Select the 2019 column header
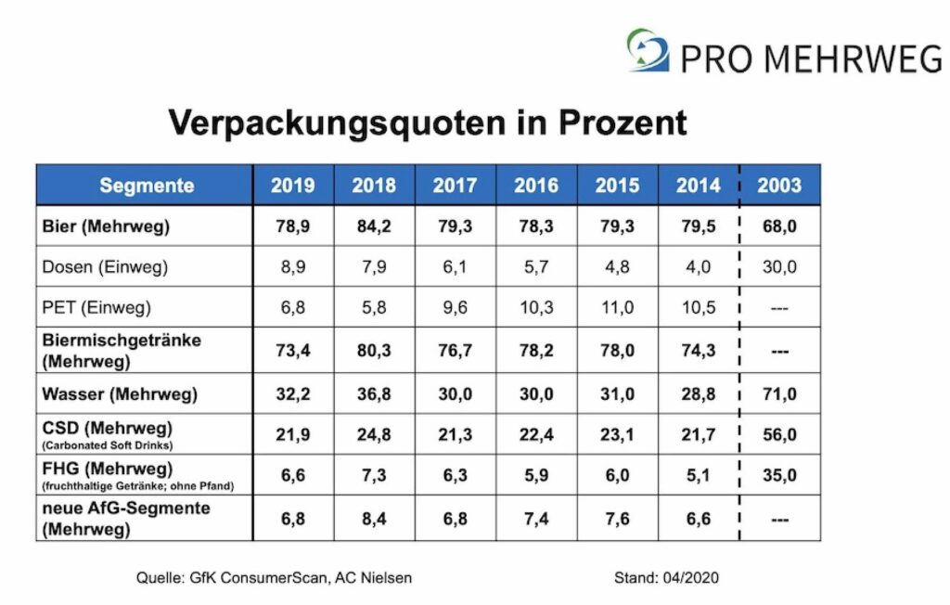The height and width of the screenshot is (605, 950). point(293,186)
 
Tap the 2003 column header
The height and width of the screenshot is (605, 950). point(779,186)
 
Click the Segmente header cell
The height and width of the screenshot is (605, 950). point(147,186)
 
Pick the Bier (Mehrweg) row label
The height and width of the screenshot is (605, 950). point(106,226)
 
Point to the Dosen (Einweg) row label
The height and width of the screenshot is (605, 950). point(105,267)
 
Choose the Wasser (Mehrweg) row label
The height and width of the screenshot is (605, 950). point(120,394)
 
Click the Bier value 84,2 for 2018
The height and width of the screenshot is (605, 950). point(374,226)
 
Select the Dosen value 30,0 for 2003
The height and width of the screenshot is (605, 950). point(779,267)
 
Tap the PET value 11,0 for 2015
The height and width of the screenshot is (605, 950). point(617,307)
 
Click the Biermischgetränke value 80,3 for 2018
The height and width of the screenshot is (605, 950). point(374,351)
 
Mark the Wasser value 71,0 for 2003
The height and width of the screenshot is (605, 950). point(779,394)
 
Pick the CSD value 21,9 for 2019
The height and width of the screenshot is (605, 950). point(293,434)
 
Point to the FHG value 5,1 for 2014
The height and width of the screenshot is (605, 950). point(698,475)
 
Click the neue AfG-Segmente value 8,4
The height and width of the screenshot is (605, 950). point(374,518)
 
